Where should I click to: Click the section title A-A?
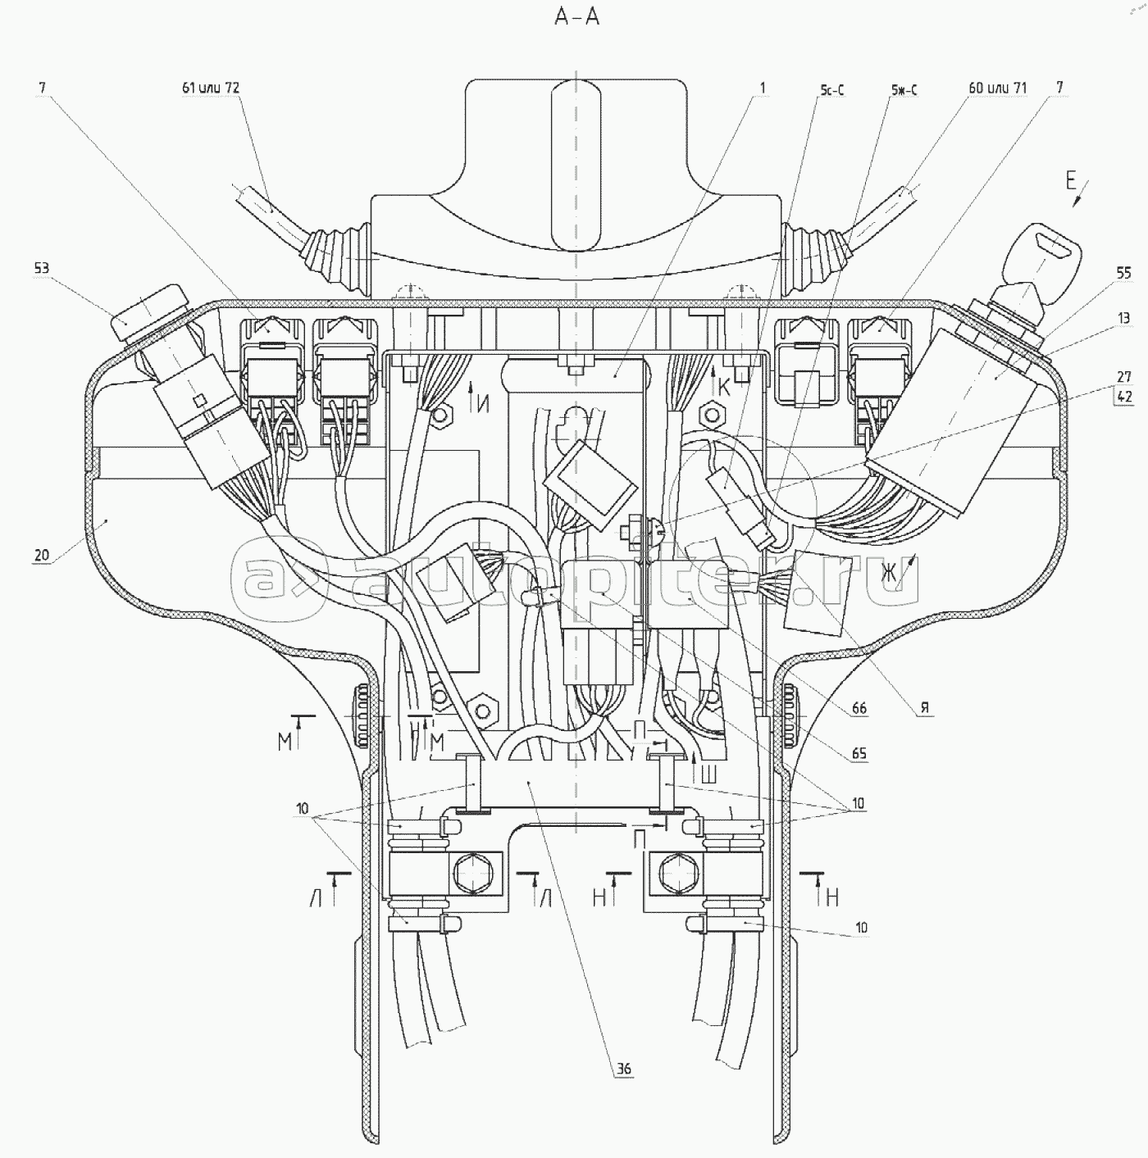tap(577, 16)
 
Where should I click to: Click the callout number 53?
tap(41, 267)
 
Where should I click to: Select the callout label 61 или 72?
tap(211, 88)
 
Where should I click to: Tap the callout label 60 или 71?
tap(997, 88)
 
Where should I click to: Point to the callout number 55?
tap(1123, 273)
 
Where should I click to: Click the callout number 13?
tap(1123, 318)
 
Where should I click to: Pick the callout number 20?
tap(41, 555)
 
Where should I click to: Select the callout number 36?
tap(625, 1069)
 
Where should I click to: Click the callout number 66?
tap(859, 709)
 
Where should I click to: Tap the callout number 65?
tap(859, 753)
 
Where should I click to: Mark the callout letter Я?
tap(925, 709)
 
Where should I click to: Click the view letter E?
tap(1071, 182)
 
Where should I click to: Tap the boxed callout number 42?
tap(1123, 397)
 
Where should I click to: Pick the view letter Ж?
tap(889, 574)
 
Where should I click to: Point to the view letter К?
tap(723, 388)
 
